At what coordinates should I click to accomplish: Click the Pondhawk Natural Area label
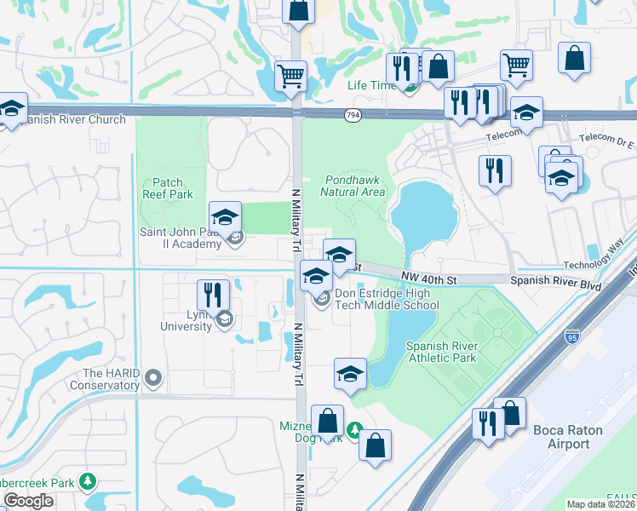tap(353, 186)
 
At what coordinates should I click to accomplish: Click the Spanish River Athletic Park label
tap(442, 353)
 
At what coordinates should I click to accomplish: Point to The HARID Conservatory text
tap(111, 379)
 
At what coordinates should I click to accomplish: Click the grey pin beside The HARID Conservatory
tap(153, 376)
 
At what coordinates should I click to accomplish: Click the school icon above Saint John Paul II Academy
tap(226, 216)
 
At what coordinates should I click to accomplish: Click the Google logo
tap(28, 502)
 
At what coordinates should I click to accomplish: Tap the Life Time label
tap(371, 86)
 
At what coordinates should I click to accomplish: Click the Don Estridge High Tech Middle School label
tap(387, 300)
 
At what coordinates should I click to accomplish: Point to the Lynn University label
tap(187, 320)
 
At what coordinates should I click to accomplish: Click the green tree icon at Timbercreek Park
tap(87, 482)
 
